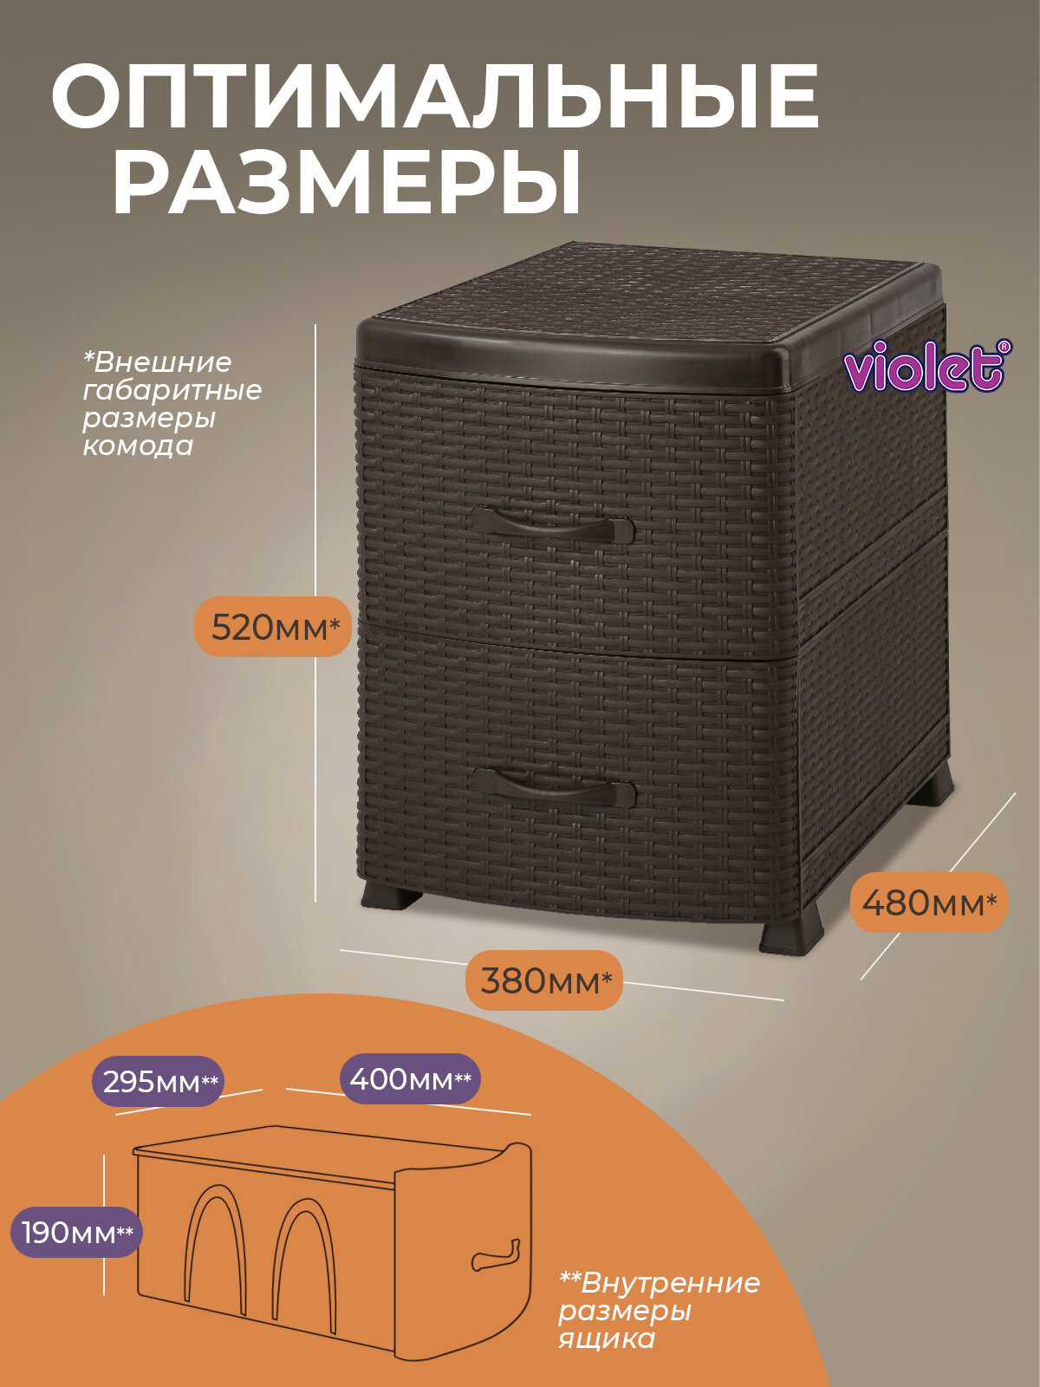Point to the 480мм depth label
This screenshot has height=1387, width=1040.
[928, 902]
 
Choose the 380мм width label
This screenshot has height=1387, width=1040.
[544, 980]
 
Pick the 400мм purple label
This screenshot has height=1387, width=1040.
[410, 1079]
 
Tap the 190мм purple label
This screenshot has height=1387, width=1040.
[76, 1232]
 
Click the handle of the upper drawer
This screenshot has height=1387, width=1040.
[552, 526]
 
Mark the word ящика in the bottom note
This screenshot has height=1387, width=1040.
[606, 1339]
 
